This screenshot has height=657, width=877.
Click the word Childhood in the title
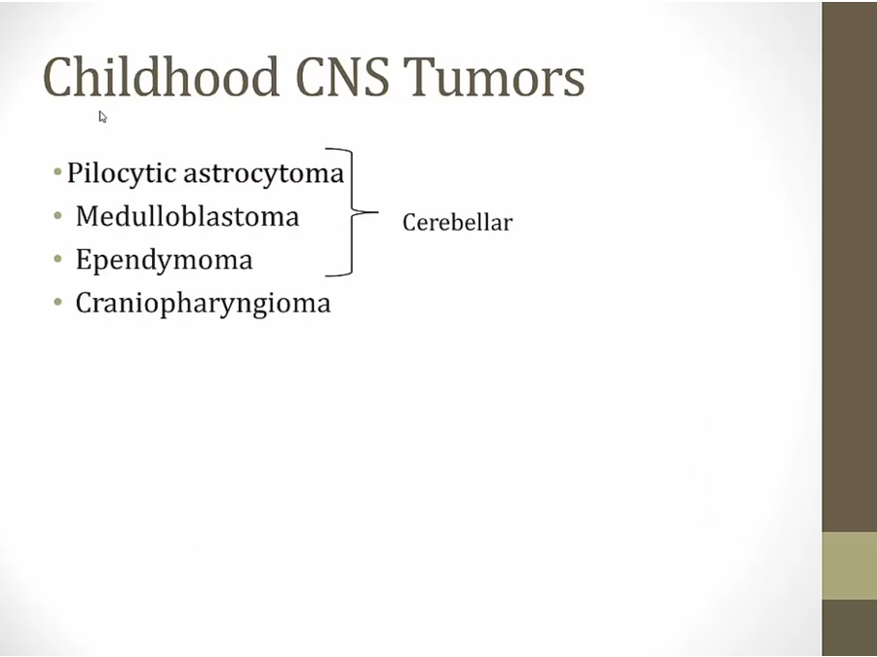coord(161,76)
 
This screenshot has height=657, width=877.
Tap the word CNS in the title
coord(342,76)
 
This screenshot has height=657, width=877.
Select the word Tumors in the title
coord(494,77)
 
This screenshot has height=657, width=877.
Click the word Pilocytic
coord(122,173)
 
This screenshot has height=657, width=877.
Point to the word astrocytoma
coord(264,173)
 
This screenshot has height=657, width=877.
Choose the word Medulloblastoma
coord(187,216)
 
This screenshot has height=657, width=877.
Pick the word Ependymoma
coord(164,260)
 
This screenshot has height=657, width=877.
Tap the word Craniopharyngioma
coord(203,304)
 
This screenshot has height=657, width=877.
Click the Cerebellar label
coord(457,223)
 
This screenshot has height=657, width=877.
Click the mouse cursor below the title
coord(103,117)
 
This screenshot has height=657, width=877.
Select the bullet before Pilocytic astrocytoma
coord(57,171)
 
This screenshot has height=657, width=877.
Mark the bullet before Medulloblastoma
coord(57,215)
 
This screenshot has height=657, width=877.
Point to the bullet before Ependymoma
coord(57,259)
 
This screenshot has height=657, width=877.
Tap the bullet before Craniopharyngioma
coord(57,303)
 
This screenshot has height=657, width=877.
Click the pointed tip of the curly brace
coord(378,212)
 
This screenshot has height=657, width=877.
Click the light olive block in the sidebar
coord(850,566)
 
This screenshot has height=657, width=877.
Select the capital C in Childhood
coord(58,77)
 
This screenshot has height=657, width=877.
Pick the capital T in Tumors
coord(418,77)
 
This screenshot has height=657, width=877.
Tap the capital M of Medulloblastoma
coord(89,216)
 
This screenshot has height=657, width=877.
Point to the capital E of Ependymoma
coord(84,259)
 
